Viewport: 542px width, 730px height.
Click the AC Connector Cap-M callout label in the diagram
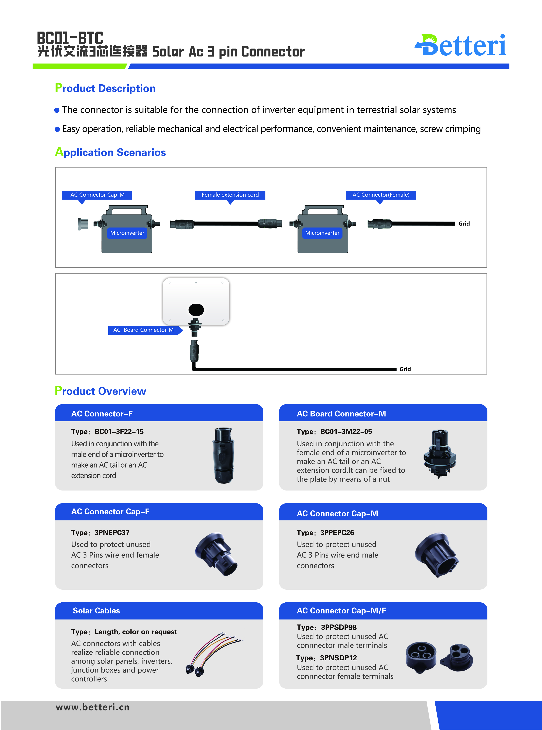pos(97,195)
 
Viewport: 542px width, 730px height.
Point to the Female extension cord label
pos(230,195)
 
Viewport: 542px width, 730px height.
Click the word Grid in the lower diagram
pos(405,369)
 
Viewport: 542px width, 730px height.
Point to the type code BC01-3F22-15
pos(119,432)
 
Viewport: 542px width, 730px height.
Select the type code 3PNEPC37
pos(112,533)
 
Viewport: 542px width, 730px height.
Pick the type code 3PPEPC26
pos(337,533)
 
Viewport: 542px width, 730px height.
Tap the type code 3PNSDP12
pos(338,658)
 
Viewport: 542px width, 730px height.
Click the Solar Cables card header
pos(159,611)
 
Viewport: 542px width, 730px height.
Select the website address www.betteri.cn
pos(93,707)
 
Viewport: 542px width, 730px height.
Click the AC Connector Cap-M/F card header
pos(383,611)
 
